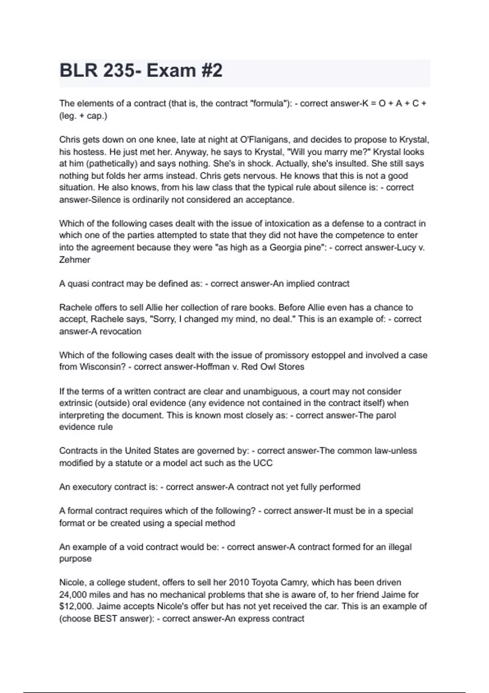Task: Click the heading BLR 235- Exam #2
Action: click(141, 71)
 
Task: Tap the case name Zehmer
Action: click(75, 260)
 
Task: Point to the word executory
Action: click(92, 487)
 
